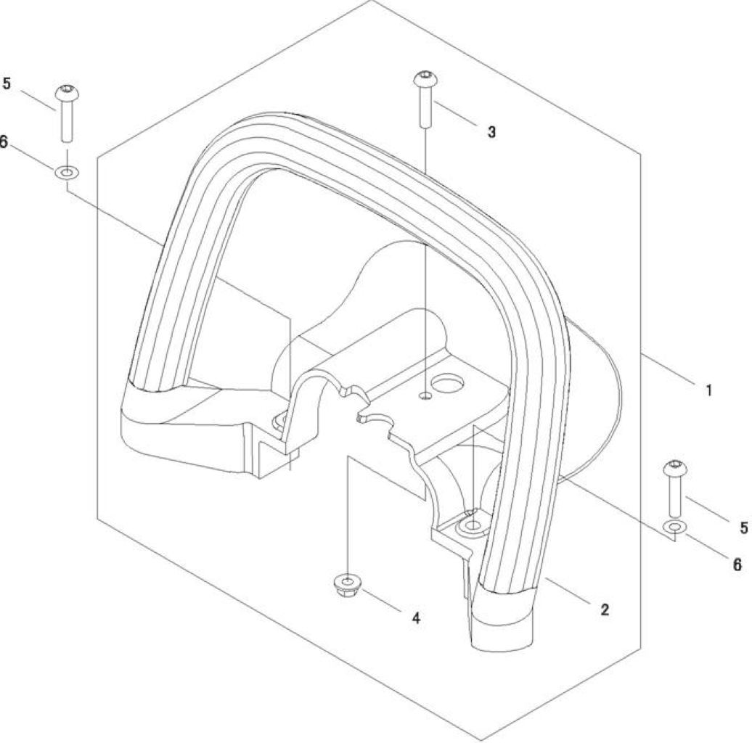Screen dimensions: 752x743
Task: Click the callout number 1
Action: [x=708, y=390]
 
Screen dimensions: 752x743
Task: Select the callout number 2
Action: [x=605, y=609]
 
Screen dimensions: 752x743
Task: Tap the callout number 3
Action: [x=491, y=132]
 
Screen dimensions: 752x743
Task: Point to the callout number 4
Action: [x=416, y=618]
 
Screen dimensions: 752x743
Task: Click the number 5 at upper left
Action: [x=7, y=83]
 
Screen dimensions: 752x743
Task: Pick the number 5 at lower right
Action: [x=744, y=528]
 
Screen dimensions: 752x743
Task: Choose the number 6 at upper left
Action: [x=4, y=142]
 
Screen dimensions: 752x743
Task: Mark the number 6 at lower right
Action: [x=737, y=565]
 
